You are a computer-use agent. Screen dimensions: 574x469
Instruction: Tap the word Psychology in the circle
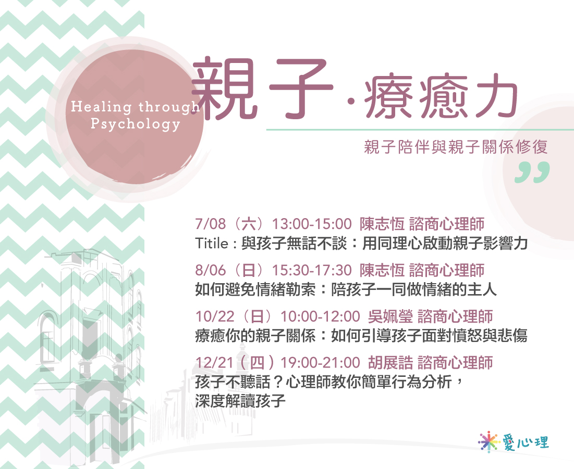pos(136,124)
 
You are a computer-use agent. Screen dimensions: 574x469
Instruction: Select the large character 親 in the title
pos(224,89)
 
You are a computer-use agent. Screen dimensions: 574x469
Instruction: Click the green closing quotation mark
pos(532,172)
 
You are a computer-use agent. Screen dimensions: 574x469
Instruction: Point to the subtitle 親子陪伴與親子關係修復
pos(456,147)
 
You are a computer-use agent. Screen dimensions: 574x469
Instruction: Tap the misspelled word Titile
pos(212,243)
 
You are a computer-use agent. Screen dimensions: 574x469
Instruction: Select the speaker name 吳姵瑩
pos(390,316)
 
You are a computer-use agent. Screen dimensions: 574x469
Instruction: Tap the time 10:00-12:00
pos(320,316)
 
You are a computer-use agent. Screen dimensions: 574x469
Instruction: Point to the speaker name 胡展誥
pos(390,363)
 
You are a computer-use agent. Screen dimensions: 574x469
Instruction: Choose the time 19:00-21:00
pos(320,363)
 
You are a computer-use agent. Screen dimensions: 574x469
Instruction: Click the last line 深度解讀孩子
pos(240,401)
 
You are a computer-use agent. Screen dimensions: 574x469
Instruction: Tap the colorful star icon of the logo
pos(488,441)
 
